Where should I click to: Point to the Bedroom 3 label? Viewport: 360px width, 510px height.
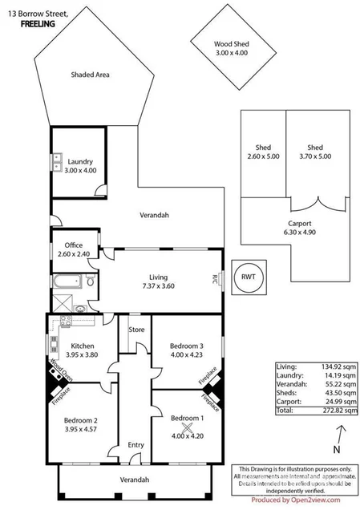click(186, 350)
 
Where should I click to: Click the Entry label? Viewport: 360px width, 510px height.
click(136, 445)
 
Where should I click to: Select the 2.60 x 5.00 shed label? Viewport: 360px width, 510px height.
click(261, 152)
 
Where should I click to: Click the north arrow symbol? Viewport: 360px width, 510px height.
click(338, 434)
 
